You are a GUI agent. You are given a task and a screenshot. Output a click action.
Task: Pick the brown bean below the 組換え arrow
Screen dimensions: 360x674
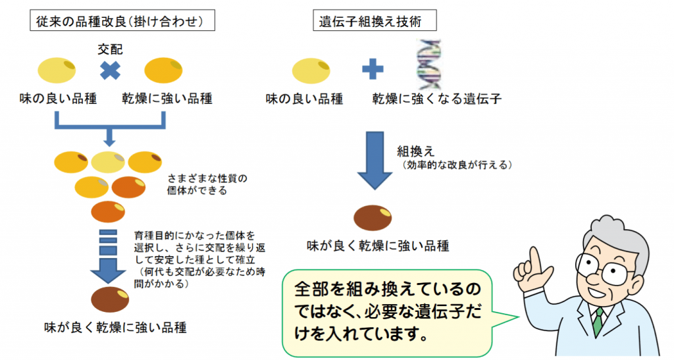pos(373,217)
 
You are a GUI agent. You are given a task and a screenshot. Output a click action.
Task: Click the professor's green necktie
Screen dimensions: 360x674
pos(598,319)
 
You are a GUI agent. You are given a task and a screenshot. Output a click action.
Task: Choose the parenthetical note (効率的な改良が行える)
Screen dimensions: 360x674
pos(455,165)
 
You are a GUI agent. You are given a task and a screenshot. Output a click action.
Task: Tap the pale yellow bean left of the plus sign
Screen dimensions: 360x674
pos(310,70)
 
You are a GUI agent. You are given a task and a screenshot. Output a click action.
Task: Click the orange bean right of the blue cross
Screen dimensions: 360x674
pos(163,70)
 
